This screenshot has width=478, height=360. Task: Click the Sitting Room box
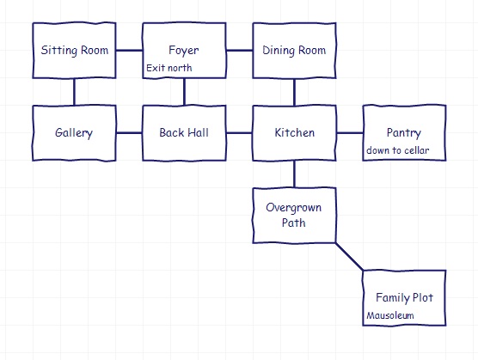click(x=74, y=50)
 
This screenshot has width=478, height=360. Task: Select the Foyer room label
click(x=183, y=50)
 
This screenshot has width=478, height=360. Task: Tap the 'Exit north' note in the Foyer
click(x=169, y=68)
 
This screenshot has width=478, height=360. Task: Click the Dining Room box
click(x=294, y=50)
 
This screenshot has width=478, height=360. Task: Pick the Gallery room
click(x=74, y=133)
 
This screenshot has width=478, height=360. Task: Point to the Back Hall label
click(x=184, y=132)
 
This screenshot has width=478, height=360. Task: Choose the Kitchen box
click(x=294, y=133)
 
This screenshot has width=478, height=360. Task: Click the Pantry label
click(x=404, y=133)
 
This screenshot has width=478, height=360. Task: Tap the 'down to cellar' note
click(x=398, y=150)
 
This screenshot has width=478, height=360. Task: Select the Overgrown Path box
click(x=294, y=216)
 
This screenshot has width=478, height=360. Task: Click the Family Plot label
click(x=404, y=297)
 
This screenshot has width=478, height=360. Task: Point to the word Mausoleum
click(x=390, y=315)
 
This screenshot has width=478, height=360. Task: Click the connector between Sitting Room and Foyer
click(x=129, y=50)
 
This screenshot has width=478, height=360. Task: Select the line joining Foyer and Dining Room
click(x=239, y=50)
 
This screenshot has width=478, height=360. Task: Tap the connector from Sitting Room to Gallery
click(x=74, y=92)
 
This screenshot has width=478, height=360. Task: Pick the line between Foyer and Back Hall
click(x=184, y=92)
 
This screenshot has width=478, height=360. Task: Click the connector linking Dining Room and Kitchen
click(x=294, y=92)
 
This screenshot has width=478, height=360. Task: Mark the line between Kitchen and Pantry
click(x=350, y=133)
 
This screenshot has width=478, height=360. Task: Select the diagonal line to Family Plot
click(x=349, y=256)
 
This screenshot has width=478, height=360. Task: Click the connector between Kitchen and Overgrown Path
click(x=294, y=174)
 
